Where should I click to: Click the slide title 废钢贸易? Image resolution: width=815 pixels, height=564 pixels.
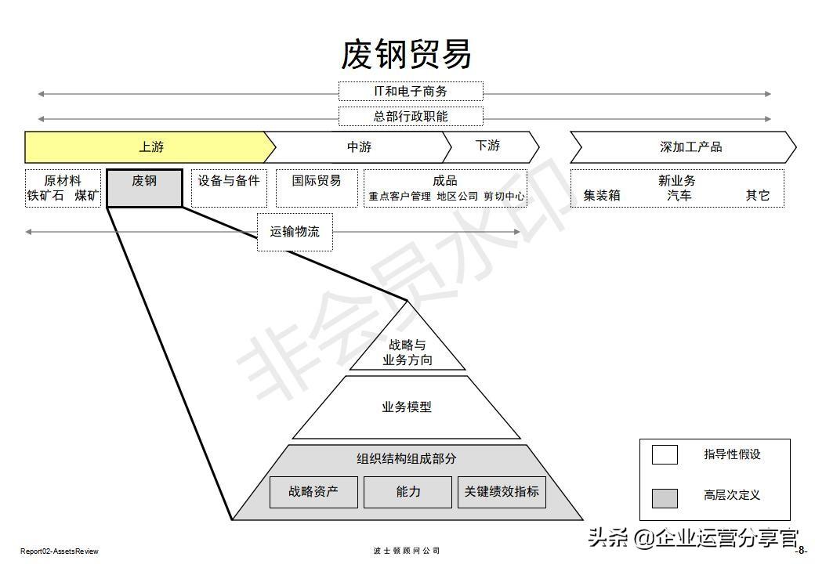point(407,54)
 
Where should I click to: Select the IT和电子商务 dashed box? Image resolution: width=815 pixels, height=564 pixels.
point(411,92)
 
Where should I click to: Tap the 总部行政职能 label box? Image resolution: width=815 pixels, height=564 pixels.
point(411,117)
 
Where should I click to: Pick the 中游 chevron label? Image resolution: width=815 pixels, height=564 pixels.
point(359,147)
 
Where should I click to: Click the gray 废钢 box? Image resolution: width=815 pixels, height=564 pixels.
point(144,188)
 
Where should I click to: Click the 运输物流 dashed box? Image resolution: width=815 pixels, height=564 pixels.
point(295,232)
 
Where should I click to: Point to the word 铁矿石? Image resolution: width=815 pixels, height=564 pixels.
point(45,196)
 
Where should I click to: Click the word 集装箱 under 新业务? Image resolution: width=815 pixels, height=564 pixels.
point(602,196)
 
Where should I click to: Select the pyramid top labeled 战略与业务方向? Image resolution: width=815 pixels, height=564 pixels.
point(407,352)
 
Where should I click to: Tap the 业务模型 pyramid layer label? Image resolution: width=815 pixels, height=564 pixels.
point(407,407)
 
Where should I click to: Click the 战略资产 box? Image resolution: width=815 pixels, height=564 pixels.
point(313,492)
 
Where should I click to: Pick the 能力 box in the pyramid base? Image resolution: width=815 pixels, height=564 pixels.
point(408,492)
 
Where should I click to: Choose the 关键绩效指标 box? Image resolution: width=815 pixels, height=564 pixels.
point(502,492)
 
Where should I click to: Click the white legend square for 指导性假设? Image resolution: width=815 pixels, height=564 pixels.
point(665,455)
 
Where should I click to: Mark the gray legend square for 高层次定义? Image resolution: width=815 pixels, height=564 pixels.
point(665,497)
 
